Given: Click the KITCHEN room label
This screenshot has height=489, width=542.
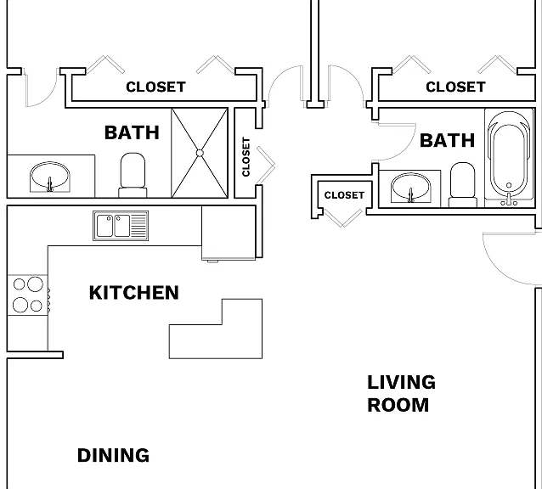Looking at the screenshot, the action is click(134, 293).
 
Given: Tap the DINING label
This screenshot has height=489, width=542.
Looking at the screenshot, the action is click(113, 455).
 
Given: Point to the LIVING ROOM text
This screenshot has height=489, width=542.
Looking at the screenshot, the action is click(401, 393).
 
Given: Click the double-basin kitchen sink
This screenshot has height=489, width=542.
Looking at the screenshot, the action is click(121, 226).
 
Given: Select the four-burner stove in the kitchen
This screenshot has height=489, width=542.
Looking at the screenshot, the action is click(28, 295).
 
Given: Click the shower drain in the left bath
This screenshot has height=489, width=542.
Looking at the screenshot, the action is click(200, 153).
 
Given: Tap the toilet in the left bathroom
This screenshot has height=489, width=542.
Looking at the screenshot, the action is click(133, 175).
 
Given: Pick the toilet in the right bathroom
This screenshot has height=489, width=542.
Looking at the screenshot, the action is click(463, 185).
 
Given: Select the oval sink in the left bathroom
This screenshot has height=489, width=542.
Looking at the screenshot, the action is click(50, 177).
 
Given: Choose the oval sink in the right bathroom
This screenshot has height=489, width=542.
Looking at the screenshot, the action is click(410, 188).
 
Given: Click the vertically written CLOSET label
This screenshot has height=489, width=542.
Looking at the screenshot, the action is click(246, 157).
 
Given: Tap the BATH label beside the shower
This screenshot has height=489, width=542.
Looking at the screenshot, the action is click(132, 132).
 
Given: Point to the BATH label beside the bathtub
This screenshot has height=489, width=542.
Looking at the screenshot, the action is click(448, 141).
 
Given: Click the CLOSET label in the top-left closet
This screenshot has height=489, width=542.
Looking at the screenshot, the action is click(156, 87).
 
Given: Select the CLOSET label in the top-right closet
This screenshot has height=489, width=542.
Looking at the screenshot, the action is click(455, 87).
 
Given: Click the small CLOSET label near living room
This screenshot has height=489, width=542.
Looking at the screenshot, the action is click(344, 195).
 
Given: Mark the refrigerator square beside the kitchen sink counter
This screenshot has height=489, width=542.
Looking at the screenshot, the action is click(229, 233).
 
